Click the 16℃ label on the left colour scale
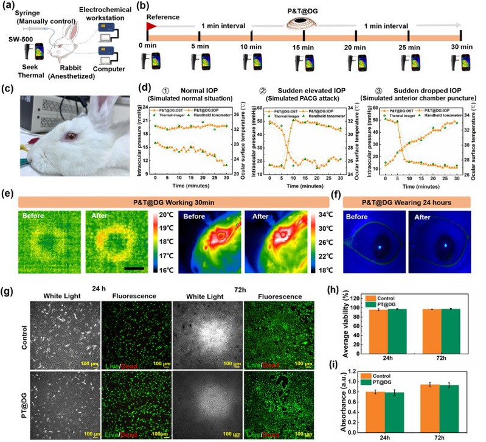(x=168, y=265)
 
